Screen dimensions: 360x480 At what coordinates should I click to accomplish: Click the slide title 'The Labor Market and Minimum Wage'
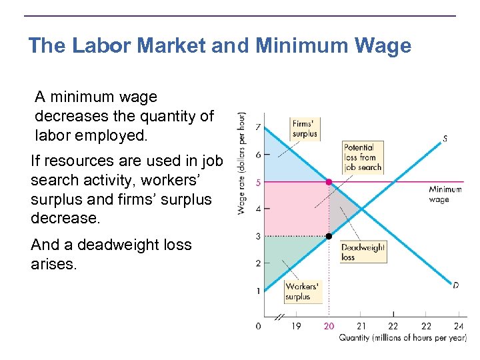(220, 46)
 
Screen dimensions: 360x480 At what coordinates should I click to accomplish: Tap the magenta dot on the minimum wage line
(329, 182)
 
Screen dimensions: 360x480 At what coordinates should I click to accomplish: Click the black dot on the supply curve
(329, 236)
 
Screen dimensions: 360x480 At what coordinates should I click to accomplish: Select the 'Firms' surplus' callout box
(304, 128)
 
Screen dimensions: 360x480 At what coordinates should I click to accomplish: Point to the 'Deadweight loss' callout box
(363, 251)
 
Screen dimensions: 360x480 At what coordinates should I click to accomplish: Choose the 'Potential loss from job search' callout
(363, 157)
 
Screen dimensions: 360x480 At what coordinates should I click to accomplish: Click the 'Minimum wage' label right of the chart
(445, 194)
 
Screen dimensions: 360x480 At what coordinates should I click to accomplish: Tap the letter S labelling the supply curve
(445, 139)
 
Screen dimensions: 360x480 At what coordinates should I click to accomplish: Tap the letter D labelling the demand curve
(455, 285)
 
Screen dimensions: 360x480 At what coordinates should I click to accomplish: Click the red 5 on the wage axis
(257, 182)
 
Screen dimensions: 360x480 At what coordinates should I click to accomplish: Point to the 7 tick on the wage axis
(257, 127)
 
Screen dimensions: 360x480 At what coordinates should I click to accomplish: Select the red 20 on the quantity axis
(329, 326)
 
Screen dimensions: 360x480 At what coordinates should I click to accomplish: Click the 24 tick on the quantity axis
(459, 326)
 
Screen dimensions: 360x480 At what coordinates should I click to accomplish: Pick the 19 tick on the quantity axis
(296, 326)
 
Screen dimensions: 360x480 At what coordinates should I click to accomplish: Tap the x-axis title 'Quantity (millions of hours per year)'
(403, 337)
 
